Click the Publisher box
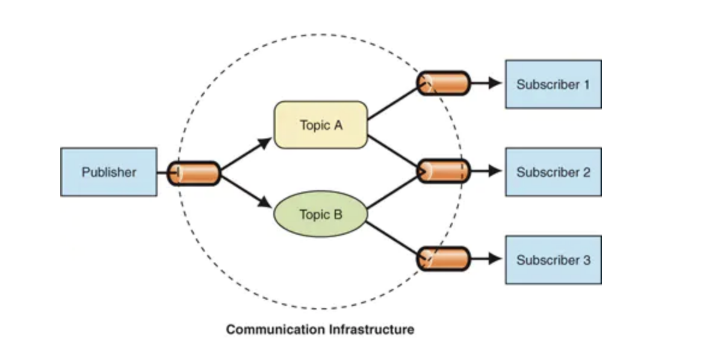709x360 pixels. point(108,172)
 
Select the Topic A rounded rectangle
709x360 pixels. point(320,125)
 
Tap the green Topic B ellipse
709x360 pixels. point(320,214)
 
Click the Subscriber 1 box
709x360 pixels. point(553,84)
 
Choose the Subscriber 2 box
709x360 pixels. point(553,172)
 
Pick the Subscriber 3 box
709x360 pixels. point(553,260)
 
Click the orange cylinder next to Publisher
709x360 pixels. point(194,173)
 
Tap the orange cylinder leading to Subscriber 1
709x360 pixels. point(444,83)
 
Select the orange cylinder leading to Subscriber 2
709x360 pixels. point(444,171)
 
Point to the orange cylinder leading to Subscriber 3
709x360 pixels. point(444,259)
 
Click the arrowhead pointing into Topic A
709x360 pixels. point(265,143)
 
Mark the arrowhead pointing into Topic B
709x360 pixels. point(265,203)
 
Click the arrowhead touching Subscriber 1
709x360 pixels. point(495,83)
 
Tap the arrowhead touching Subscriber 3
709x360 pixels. point(495,259)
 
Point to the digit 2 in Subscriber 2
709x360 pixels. point(586,172)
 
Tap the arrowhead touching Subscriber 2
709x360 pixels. point(495,171)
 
